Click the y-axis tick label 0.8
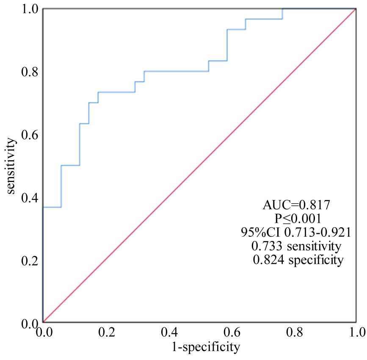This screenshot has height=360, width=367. coord(30,72)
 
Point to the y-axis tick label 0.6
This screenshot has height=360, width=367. coord(30,135)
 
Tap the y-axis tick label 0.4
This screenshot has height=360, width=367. coord(30,198)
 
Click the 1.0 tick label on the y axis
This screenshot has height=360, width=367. coord(30,9)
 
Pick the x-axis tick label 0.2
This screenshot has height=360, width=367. coord(106,331)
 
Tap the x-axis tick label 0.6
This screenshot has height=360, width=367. coord(231,331)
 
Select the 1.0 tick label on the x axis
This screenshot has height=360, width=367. coord(355,331)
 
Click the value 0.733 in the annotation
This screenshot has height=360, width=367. coord(266,246)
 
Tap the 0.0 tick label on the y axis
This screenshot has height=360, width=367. coord(30,323)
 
